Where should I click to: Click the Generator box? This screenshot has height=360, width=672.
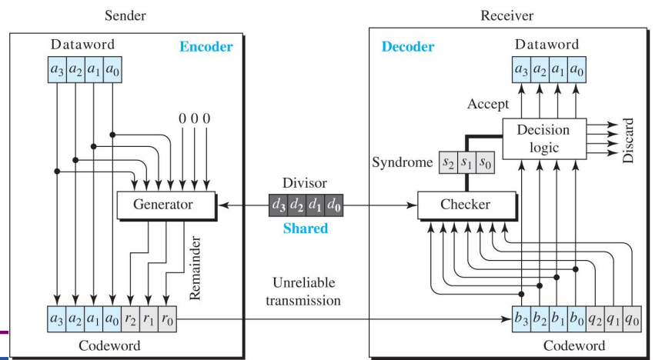(x=163, y=205)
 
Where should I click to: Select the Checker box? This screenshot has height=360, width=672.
(x=465, y=205)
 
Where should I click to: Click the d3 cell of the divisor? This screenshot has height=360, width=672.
(x=279, y=205)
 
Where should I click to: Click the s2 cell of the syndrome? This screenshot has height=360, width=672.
(x=448, y=162)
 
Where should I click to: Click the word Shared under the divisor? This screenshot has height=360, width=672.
(x=305, y=228)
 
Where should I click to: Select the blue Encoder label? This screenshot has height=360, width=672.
(x=206, y=46)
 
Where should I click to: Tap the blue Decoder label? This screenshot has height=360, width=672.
(x=408, y=47)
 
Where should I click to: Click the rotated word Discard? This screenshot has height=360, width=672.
(x=628, y=141)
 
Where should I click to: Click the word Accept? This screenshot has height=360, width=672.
(x=487, y=104)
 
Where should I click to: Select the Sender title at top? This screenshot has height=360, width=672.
(x=124, y=15)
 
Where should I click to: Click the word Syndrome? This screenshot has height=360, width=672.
(x=402, y=163)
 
